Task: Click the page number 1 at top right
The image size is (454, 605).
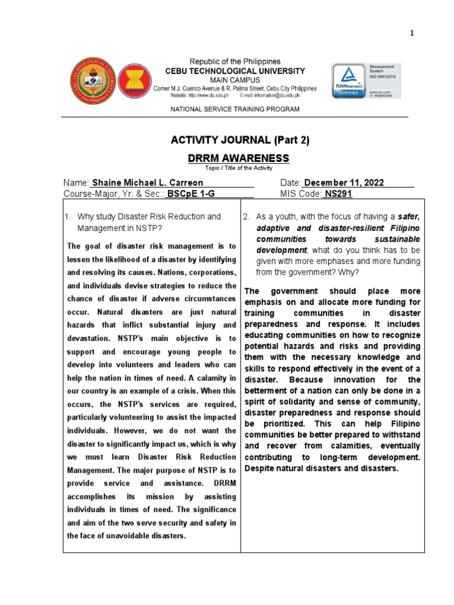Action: (413, 33)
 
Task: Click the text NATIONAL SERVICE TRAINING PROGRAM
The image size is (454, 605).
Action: (235, 109)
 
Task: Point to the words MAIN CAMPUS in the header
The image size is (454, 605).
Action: (235, 80)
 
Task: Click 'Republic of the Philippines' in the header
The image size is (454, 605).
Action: (235, 61)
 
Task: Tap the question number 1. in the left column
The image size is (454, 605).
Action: (69, 217)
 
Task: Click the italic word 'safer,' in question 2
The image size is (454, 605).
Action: (408, 217)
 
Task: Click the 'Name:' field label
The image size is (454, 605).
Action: (76, 183)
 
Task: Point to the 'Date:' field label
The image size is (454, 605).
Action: (291, 183)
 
